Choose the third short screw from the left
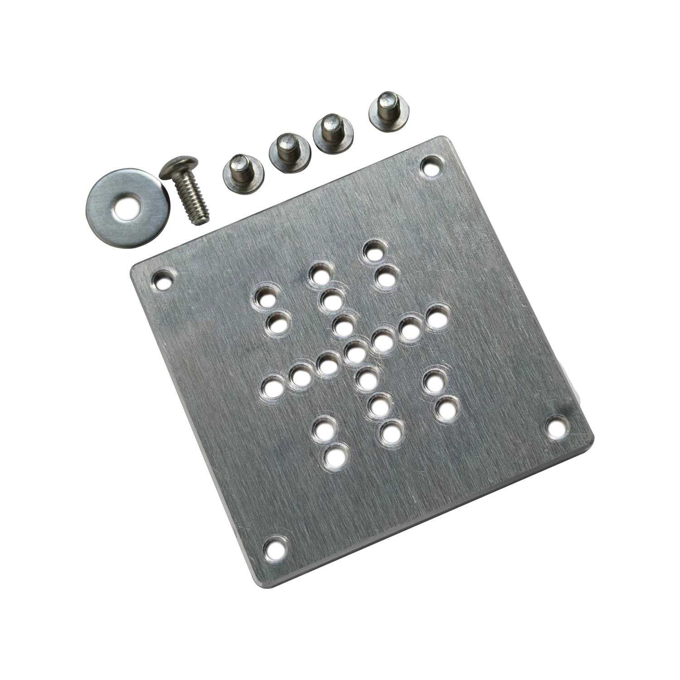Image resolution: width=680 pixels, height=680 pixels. pos(333,133)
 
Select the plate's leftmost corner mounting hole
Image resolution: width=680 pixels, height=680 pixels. pos(163,280)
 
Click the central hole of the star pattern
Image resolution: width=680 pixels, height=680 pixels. pos(356,351)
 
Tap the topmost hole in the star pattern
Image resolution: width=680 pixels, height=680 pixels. pos(374,251)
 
